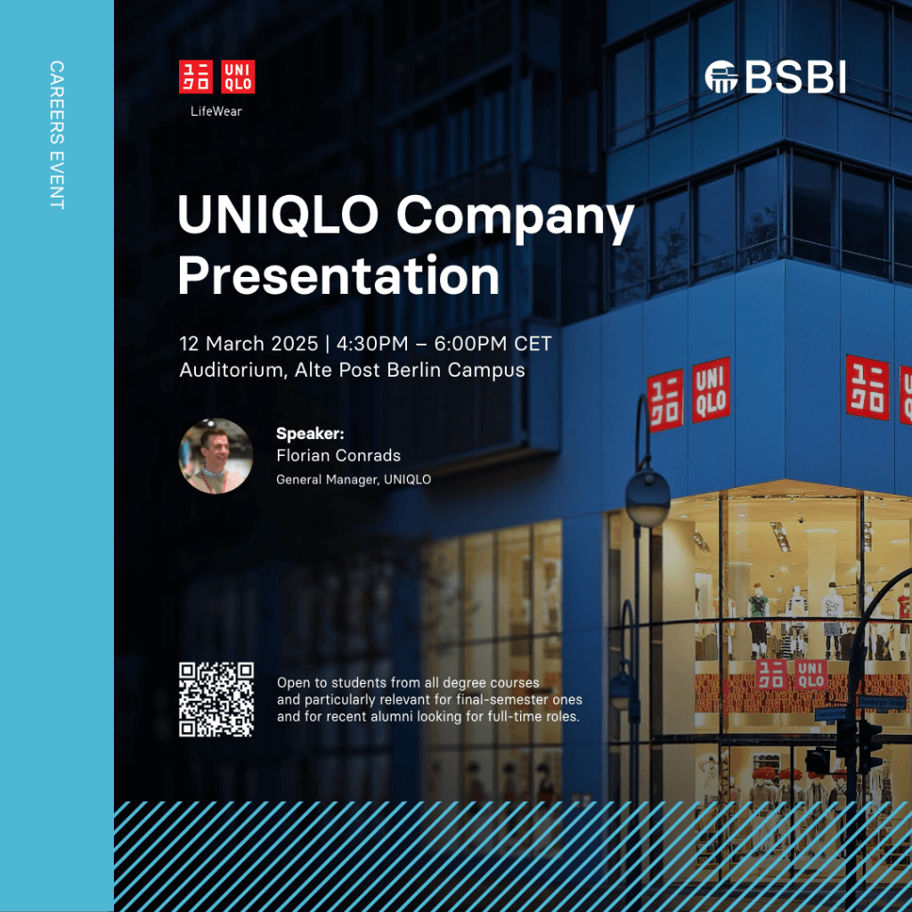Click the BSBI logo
click(775, 77)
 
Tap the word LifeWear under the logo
click(216, 111)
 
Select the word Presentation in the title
click(338, 276)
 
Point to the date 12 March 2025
click(248, 344)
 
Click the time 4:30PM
click(372, 344)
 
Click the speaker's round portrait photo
click(216, 456)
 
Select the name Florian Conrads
click(338, 455)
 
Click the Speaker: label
click(310, 434)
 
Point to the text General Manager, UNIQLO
click(354, 480)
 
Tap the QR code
click(216, 699)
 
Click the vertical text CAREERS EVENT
click(56, 135)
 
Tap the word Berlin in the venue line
click(415, 370)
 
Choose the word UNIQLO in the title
click(279, 215)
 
